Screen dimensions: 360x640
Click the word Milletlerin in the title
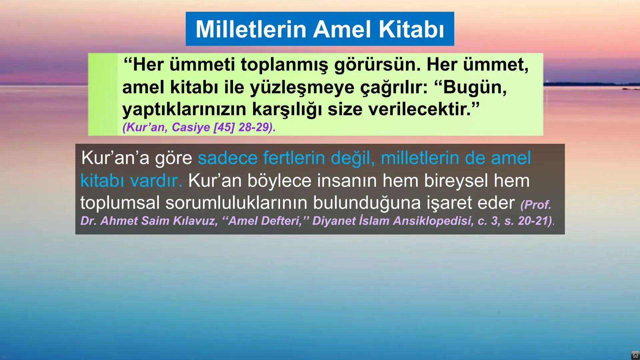coord(251,29)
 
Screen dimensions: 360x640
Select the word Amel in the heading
coord(342,29)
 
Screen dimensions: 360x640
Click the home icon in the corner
coord(635,355)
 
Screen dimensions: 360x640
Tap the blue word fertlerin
coord(294,158)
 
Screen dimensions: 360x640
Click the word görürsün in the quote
coord(377,65)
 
